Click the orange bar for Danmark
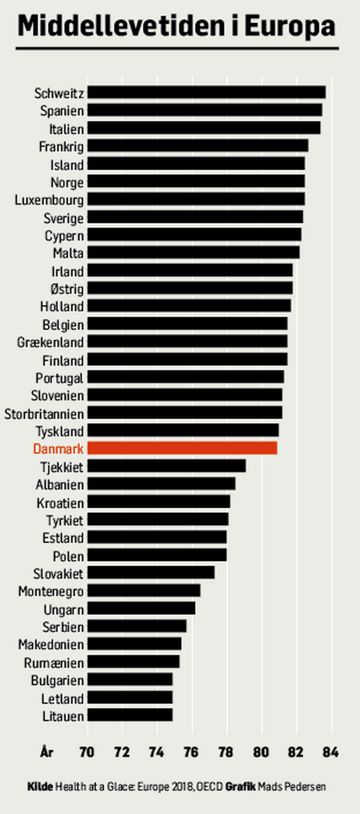pos(182,448)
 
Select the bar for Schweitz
pos(206,92)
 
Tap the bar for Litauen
pos(130,715)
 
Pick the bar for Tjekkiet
pos(167,466)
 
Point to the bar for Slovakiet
pos(151,572)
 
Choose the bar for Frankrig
pos(198,146)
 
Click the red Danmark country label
pos(58,449)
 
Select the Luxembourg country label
pos(49,200)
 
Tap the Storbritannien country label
pos(44,413)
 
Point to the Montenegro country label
pos(51,591)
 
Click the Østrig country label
pos(67,289)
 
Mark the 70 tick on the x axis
pos(87,752)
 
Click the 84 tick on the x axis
pos(331,752)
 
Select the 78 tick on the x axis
pos(226,752)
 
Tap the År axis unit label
pos(47,752)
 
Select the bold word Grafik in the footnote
pos(240,787)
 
